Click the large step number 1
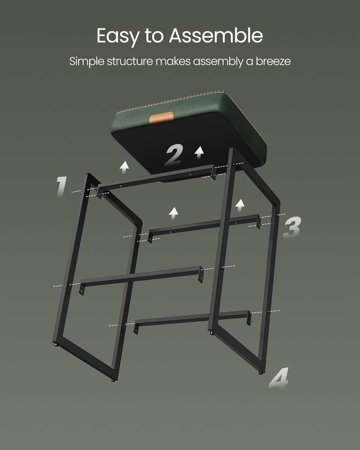click(x=62, y=187)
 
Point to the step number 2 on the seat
click(x=174, y=155)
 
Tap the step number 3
click(x=292, y=227)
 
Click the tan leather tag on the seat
click(x=161, y=118)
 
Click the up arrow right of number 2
click(x=199, y=152)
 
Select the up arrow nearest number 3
click(x=240, y=205)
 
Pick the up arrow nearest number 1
click(x=124, y=167)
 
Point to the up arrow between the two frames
click(x=173, y=213)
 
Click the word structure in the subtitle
click(x=130, y=62)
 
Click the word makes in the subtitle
click(x=173, y=62)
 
